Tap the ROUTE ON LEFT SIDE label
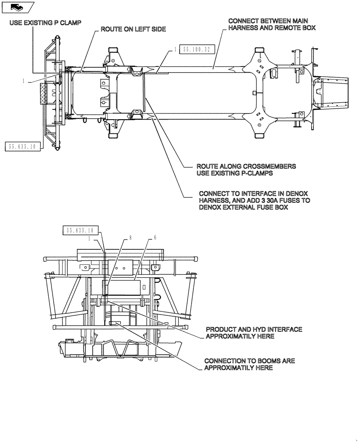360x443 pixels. [133, 29]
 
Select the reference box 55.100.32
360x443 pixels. [195, 50]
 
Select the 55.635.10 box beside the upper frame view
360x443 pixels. [23, 146]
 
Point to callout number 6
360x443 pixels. [155, 237]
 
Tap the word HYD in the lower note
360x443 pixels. [256, 330]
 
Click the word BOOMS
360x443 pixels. [264, 361]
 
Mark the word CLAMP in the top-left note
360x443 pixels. [70, 23]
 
